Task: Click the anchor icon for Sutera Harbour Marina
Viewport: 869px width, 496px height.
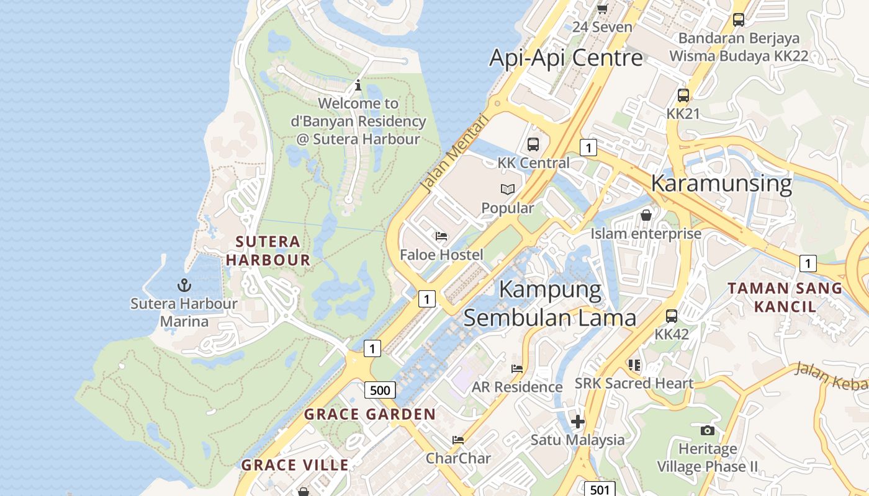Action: click(184, 285)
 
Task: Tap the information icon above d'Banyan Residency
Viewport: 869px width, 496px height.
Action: click(358, 86)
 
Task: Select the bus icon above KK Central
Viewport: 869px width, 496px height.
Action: click(533, 144)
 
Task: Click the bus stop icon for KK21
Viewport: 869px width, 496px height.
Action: click(683, 95)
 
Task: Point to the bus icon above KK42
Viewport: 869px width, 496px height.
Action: click(672, 316)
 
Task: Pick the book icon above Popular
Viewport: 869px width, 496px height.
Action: click(507, 190)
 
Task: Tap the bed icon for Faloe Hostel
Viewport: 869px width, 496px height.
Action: click(441, 236)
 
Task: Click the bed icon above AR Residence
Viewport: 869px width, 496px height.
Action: click(516, 368)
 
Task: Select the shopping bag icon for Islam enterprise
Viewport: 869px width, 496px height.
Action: click(646, 215)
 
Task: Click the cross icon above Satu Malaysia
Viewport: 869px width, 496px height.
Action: click(578, 422)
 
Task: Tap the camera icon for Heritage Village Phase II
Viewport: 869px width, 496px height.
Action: click(707, 430)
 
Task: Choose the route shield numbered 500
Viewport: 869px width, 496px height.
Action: click(379, 390)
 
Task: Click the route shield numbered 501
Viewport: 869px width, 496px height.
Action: click(599, 490)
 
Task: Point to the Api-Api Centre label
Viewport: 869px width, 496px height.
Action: click(566, 58)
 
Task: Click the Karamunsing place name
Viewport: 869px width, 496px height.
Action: click(721, 184)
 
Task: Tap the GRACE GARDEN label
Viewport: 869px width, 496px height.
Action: click(370, 414)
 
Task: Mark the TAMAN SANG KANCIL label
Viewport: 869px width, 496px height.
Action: click(785, 297)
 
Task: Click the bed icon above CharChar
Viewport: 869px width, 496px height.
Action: click(458, 440)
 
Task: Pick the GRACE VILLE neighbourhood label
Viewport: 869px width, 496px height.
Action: click(295, 465)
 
